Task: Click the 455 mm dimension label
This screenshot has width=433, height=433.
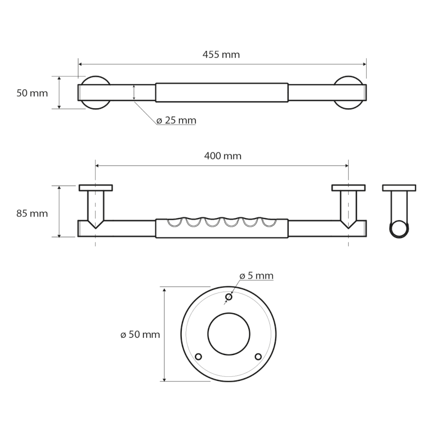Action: point(221,55)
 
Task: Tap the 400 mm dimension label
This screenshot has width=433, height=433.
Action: point(223,156)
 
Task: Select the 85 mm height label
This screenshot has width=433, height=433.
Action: point(32,214)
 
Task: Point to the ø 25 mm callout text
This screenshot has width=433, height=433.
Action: point(176,120)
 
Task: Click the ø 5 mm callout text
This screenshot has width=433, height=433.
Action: point(256,276)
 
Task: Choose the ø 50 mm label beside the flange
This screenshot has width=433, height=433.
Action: point(140,334)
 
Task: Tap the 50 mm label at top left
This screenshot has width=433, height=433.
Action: point(32,93)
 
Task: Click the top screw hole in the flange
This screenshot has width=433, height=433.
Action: point(229,297)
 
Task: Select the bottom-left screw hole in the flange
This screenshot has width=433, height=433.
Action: point(198,357)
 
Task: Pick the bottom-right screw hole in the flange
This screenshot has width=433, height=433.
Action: point(258,357)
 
